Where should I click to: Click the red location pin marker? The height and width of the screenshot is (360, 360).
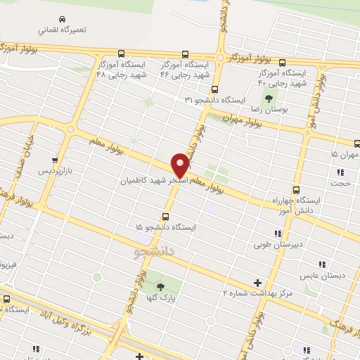tap(180, 165)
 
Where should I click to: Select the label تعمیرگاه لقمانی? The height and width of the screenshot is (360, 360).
tap(63, 30)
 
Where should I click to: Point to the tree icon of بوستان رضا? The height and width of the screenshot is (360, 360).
tap(269, 98)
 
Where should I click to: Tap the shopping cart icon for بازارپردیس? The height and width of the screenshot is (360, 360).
tap(55, 160)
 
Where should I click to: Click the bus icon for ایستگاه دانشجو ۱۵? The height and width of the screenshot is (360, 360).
tap(165, 217)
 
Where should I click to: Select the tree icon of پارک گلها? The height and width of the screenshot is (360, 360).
tap(160, 286)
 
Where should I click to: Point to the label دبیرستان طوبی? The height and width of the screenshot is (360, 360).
tap(279, 245)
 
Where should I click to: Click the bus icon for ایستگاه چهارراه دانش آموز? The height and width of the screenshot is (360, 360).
tap(295, 189)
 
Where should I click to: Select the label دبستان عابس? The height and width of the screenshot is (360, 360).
tap(321, 275)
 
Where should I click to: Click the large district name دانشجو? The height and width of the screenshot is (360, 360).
tap(151, 250)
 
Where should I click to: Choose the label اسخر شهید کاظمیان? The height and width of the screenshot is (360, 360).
tap(151, 181)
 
